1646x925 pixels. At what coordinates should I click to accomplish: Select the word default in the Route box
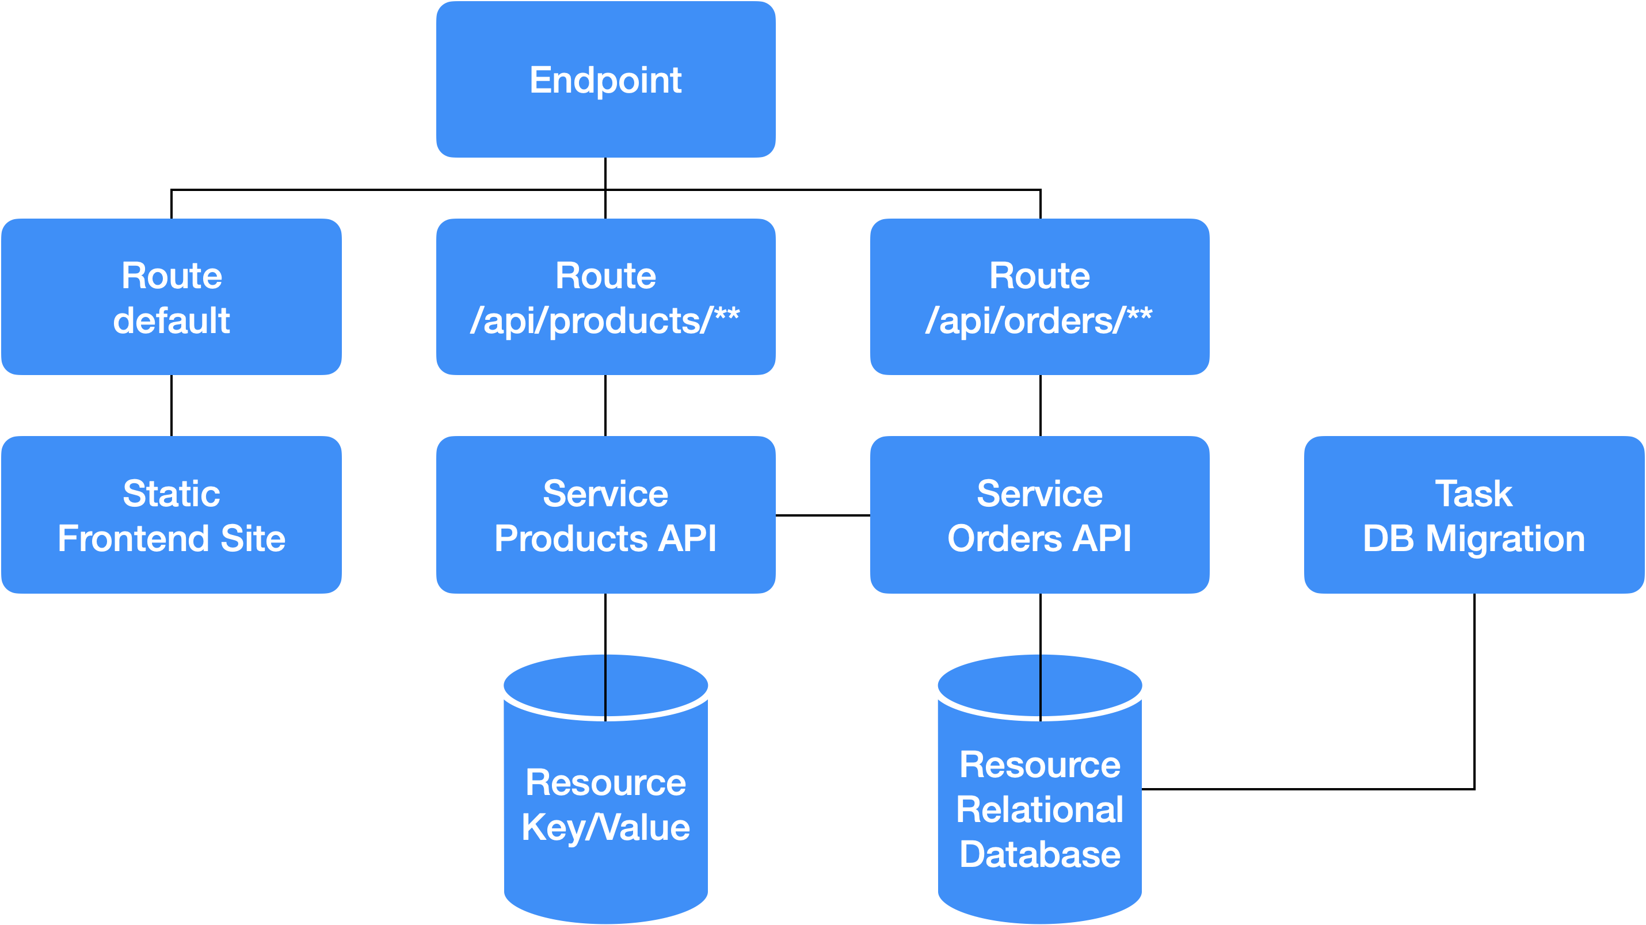point(172,320)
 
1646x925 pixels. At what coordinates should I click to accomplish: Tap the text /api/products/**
point(604,320)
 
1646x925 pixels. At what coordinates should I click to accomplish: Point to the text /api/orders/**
point(1039,320)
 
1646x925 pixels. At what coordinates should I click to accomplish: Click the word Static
point(172,494)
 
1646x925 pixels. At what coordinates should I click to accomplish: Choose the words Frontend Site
point(172,538)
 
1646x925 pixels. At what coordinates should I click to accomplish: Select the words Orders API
point(1039,538)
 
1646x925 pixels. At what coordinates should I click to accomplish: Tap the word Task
point(1473,494)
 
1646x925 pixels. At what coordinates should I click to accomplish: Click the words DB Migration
point(1473,538)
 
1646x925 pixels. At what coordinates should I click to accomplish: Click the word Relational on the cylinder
point(1039,810)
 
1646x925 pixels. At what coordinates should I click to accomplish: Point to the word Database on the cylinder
point(1039,855)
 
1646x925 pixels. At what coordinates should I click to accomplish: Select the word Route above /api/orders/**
point(1039,276)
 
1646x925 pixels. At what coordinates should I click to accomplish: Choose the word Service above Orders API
point(1039,494)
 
